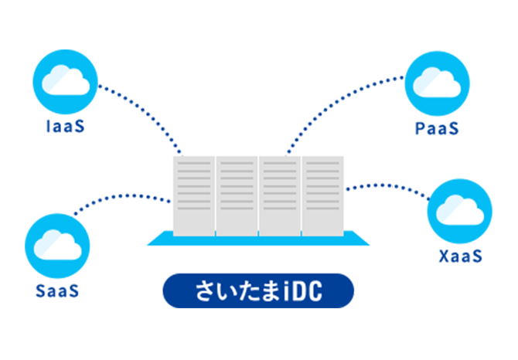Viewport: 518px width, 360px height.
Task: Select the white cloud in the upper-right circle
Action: pos(438,82)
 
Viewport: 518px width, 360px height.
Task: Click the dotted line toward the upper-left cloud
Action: pos(155,124)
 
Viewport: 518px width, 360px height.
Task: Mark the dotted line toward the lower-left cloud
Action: pos(147,195)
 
